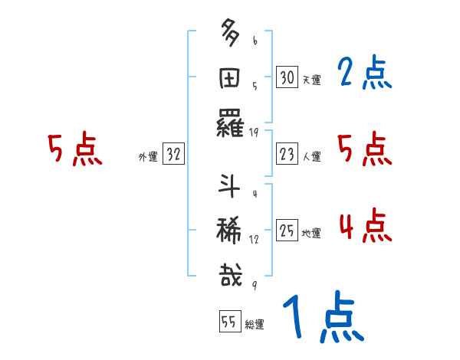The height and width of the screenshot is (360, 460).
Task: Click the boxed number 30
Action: click(287, 77)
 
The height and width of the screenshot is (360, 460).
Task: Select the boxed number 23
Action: click(287, 155)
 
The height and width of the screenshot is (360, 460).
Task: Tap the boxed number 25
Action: click(287, 231)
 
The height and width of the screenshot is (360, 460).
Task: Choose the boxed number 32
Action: click(173, 155)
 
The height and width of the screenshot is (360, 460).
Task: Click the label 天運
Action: click(312, 80)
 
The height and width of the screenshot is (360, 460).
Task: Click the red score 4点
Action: click(364, 227)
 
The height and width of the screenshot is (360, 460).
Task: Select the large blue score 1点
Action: click(322, 318)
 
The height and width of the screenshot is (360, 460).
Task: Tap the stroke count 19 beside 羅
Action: click(254, 133)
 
